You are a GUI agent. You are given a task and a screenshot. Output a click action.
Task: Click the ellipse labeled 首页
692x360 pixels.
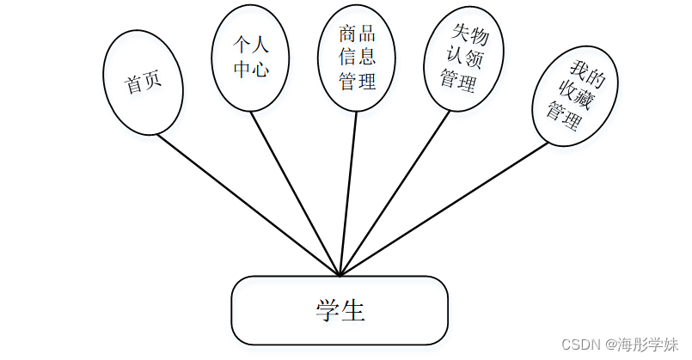click(144, 83)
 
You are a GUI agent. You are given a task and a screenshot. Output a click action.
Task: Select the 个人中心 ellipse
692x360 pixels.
click(250, 58)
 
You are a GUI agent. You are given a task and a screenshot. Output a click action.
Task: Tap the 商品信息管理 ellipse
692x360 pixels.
click(357, 58)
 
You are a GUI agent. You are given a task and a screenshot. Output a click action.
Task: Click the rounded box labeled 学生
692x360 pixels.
click(340, 310)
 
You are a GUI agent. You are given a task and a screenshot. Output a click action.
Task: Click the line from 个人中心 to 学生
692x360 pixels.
click(297, 194)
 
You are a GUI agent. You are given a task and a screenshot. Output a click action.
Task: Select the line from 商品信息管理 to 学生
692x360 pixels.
click(348, 194)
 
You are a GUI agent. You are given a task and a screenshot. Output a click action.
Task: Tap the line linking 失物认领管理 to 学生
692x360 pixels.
click(395, 193)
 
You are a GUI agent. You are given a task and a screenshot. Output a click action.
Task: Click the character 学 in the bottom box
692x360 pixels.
click(327, 310)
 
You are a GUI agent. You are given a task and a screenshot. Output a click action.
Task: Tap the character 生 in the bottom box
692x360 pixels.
click(353, 310)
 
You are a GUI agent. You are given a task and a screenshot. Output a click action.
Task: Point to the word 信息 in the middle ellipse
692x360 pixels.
click(358, 59)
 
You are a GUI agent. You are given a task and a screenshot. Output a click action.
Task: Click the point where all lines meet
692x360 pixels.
click(340, 276)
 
